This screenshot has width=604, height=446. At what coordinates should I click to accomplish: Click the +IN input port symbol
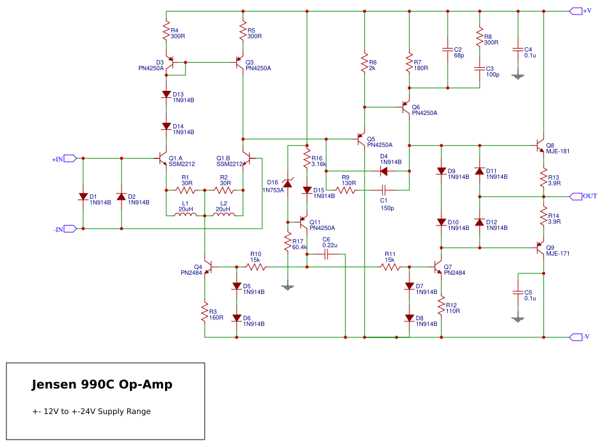point(70,158)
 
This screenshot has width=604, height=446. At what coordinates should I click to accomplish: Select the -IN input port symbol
point(70,229)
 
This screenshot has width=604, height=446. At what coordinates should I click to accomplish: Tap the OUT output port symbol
point(575,197)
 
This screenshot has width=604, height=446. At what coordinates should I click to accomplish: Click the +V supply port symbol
point(575,11)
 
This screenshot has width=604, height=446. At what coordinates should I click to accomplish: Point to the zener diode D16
point(288,183)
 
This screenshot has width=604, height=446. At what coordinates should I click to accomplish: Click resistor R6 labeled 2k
point(365,63)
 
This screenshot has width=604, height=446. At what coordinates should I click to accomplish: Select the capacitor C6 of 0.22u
point(326,254)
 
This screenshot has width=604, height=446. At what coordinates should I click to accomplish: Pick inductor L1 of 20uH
point(186,214)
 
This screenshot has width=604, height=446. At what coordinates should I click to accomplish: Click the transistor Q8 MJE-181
point(540,146)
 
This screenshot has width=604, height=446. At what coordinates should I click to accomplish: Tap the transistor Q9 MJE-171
point(540,248)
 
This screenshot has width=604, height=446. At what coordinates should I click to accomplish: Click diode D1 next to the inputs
point(83,197)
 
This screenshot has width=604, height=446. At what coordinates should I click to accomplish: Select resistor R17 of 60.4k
point(288,242)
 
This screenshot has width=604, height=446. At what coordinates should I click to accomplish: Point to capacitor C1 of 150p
point(384,190)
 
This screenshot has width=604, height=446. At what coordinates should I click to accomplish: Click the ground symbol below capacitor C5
point(518,319)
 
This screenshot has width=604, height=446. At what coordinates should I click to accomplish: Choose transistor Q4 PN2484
point(208,267)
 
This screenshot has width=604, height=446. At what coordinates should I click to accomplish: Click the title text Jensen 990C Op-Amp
point(102,385)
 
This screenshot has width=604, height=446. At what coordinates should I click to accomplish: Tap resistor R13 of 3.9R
point(543,178)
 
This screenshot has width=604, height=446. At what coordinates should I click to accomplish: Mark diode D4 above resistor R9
point(384,171)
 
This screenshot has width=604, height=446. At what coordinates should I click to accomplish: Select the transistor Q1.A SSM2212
point(163,158)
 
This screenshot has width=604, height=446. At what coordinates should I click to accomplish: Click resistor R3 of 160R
point(205,312)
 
